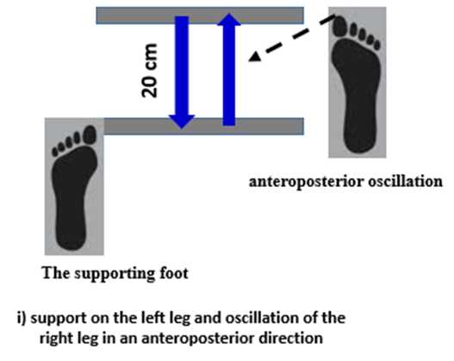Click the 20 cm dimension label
click(149, 71)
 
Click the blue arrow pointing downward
click(182, 72)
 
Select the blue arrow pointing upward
click(229, 70)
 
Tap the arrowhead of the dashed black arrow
click(255, 57)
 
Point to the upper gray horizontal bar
click(200, 16)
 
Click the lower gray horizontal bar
click(204, 126)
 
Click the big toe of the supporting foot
click(90, 134)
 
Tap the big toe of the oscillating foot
click(340, 26)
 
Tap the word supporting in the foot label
click(115, 274)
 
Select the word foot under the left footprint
click(174, 273)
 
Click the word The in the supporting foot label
click(56, 273)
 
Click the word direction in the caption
click(290, 338)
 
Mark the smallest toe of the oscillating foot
click(376, 46)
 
